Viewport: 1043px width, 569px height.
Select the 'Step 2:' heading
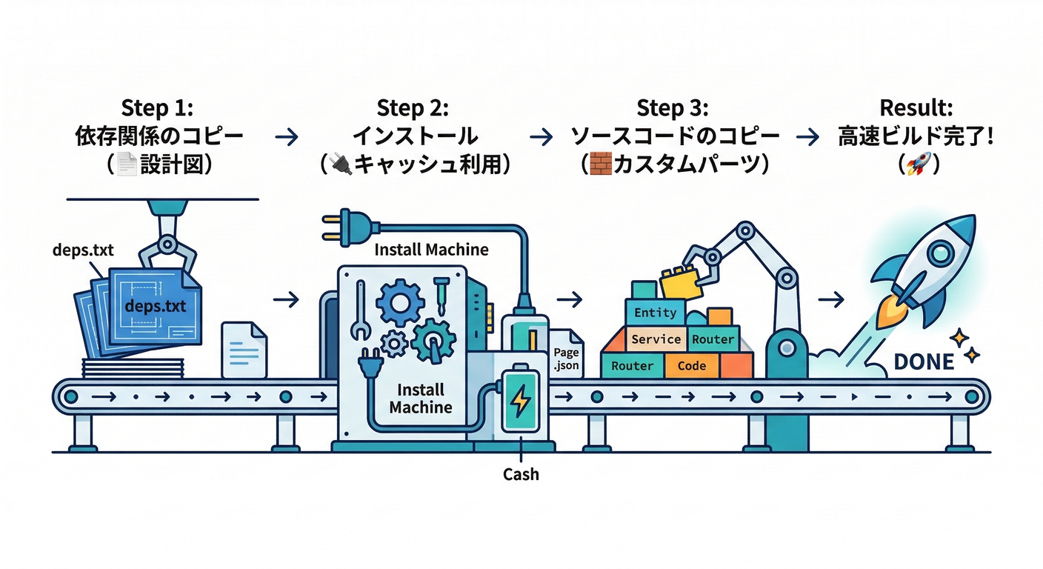click(413, 108)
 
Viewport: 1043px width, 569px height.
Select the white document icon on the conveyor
click(244, 349)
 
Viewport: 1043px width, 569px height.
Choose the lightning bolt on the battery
click(521, 401)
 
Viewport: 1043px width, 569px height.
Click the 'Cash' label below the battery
click(521, 474)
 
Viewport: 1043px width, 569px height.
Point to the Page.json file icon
click(567, 356)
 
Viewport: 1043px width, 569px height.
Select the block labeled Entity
click(655, 313)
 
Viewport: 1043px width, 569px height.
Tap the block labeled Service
click(655, 339)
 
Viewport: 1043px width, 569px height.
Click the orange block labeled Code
click(691, 366)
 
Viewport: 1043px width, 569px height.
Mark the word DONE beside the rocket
click(924, 362)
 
